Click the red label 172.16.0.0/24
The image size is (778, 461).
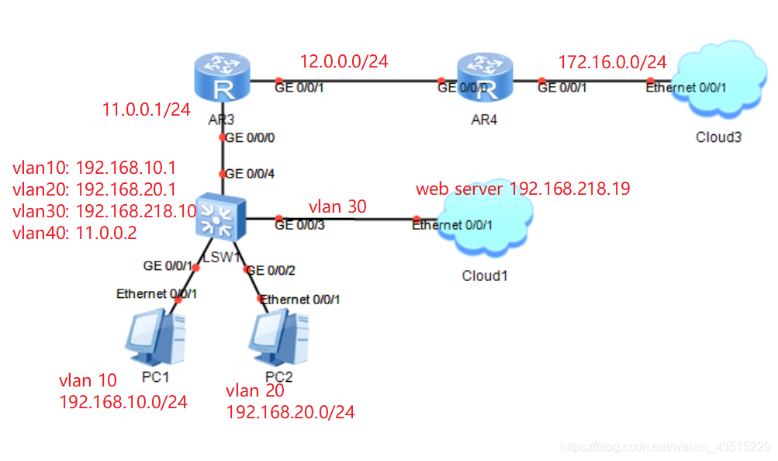(x=613, y=62)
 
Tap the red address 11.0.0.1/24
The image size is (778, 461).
(x=147, y=110)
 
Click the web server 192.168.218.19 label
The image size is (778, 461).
(x=522, y=189)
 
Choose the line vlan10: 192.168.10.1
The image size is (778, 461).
(x=95, y=168)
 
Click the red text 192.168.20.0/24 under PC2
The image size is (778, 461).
(x=290, y=412)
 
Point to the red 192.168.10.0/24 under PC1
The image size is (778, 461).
(x=123, y=401)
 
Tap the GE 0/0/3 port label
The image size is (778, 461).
(x=299, y=226)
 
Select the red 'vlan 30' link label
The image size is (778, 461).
(x=337, y=206)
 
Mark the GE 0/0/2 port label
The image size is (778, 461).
(x=271, y=270)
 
